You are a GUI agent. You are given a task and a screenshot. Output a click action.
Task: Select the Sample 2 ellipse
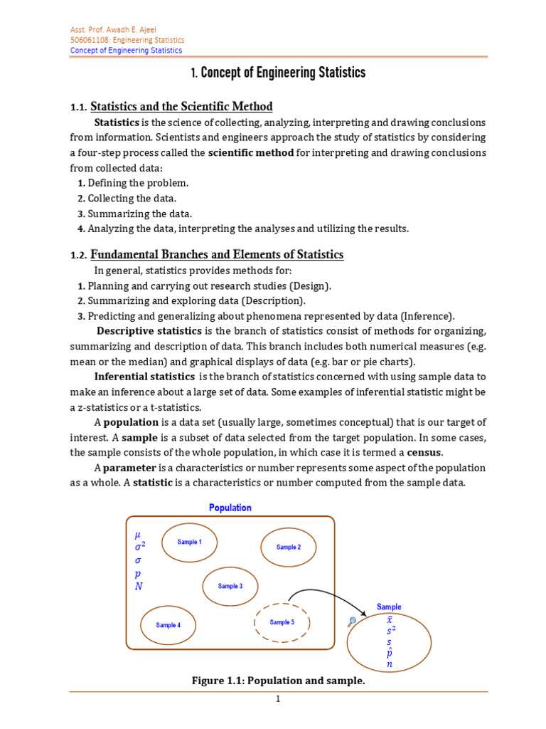click(288, 547)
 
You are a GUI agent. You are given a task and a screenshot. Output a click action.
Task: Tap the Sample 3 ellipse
click(230, 587)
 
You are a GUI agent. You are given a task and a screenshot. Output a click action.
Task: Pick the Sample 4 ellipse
click(168, 625)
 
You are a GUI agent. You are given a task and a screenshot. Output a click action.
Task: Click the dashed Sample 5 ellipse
click(282, 622)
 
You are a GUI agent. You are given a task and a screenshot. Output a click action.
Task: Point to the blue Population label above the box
click(230, 508)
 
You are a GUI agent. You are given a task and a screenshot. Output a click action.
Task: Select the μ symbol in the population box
click(138, 533)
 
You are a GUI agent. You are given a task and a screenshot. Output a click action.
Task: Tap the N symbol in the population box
click(138, 587)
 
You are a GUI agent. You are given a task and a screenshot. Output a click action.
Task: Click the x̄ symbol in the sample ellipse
click(389, 619)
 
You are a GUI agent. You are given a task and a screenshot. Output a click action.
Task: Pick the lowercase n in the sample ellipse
click(389, 665)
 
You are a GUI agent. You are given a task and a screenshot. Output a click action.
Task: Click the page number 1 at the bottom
click(279, 700)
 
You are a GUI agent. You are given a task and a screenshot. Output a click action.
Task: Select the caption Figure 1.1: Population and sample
click(278, 681)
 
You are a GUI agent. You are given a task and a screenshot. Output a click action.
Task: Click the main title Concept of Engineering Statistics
click(278, 73)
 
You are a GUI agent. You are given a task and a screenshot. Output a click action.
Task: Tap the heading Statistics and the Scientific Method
click(181, 107)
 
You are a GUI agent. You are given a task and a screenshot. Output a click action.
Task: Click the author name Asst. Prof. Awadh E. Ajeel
click(114, 29)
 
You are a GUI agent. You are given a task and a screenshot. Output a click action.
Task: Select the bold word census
click(424, 453)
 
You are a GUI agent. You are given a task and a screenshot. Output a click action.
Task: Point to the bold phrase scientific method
click(251, 153)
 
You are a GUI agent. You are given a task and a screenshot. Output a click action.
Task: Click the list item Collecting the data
click(132, 199)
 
